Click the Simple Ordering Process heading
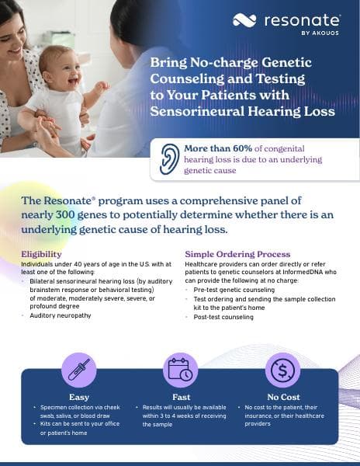pyautogui.click(x=237, y=254)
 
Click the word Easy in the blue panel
pyautogui.click(x=79, y=397)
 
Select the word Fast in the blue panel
pyautogui.click(x=180, y=397)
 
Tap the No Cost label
pyautogui.click(x=282, y=397)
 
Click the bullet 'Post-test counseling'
pyautogui.click(x=224, y=318)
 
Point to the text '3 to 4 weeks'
pyautogui.click(x=171, y=416)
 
